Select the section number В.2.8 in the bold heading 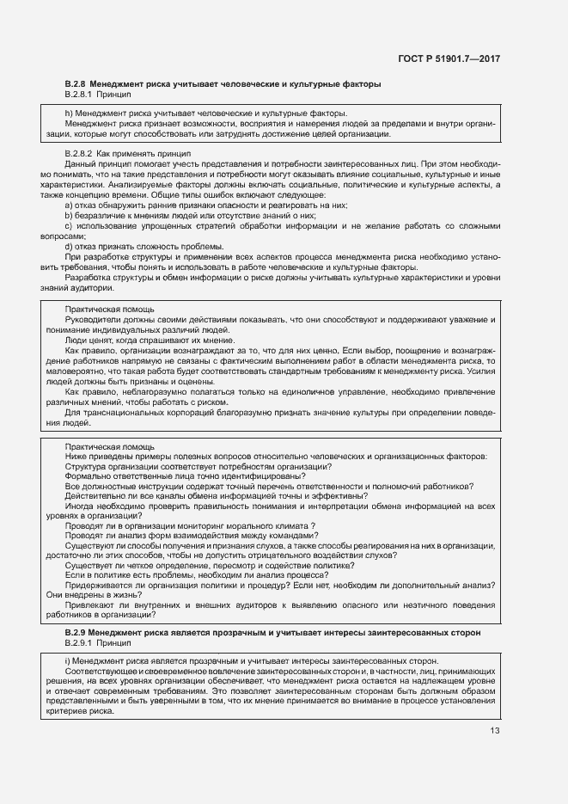click(x=76, y=83)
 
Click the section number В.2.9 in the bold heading click(x=76, y=633)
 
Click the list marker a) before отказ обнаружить click(x=69, y=206)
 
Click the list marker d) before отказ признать click(x=69, y=247)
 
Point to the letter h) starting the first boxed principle click(x=69, y=114)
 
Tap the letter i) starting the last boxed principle click(x=68, y=661)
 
